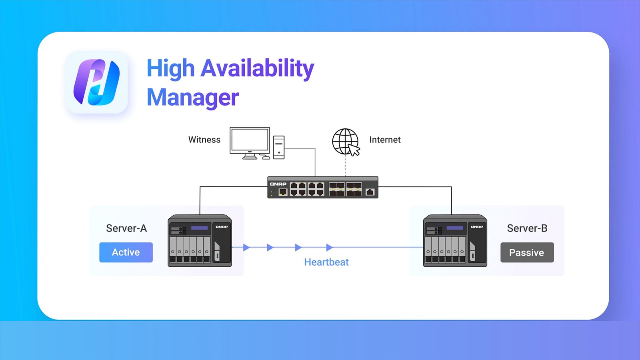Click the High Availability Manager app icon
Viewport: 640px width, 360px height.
(x=96, y=82)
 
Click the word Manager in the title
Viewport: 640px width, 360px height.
(x=192, y=98)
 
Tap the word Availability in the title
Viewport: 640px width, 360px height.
(x=257, y=68)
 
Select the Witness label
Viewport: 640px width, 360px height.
(x=204, y=140)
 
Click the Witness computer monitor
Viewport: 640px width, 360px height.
(x=250, y=141)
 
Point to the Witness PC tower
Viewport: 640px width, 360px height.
(x=279, y=147)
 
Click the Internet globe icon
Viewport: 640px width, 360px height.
(x=345, y=141)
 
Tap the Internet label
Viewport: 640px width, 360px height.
(x=385, y=140)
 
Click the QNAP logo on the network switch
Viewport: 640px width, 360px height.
(x=278, y=184)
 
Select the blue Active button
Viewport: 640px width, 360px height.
(x=126, y=252)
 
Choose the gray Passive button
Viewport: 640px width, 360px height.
(x=527, y=252)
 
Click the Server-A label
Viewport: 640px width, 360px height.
(x=126, y=228)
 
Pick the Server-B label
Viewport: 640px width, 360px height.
(x=527, y=228)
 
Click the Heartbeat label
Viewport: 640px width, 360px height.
(x=326, y=262)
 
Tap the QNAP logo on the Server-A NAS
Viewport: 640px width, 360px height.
(x=222, y=227)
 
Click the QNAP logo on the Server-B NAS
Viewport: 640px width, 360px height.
(x=477, y=227)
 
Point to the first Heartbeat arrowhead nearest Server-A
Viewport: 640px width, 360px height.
(x=246, y=248)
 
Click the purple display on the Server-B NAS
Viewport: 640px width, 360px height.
(x=455, y=228)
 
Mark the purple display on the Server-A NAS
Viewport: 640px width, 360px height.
(x=200, y=228)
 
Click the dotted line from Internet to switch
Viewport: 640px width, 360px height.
(x=346, y=166)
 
